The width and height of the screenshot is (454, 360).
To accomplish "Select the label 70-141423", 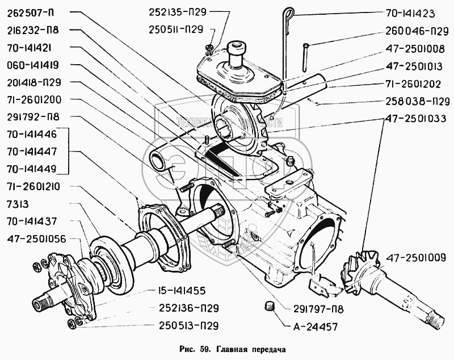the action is pos(410,14).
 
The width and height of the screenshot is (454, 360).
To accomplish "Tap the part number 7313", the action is pos(18,204).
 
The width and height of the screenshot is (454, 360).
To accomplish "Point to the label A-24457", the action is pos(316,327).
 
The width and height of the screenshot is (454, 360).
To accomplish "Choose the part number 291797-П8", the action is pos(314,309).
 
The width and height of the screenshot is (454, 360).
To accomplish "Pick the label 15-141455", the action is pos(182,291).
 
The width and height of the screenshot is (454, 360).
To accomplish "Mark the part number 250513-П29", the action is pos(188,325).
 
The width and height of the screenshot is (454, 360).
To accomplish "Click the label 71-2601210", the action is pos(33,186).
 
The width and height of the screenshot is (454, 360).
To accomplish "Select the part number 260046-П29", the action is pos(417,31).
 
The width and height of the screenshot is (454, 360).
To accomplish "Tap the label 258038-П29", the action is pos(418,102).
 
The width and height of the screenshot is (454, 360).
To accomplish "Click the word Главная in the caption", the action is pos(230,349).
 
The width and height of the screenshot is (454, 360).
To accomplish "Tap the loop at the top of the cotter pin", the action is pos(289,12).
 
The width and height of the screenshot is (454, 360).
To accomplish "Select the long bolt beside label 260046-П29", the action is pos(305,57).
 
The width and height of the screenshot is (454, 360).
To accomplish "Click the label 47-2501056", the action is pos(36,239).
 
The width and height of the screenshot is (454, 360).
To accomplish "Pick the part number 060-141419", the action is pos(33,65).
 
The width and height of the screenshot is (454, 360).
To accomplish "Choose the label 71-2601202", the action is pos(413,84).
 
